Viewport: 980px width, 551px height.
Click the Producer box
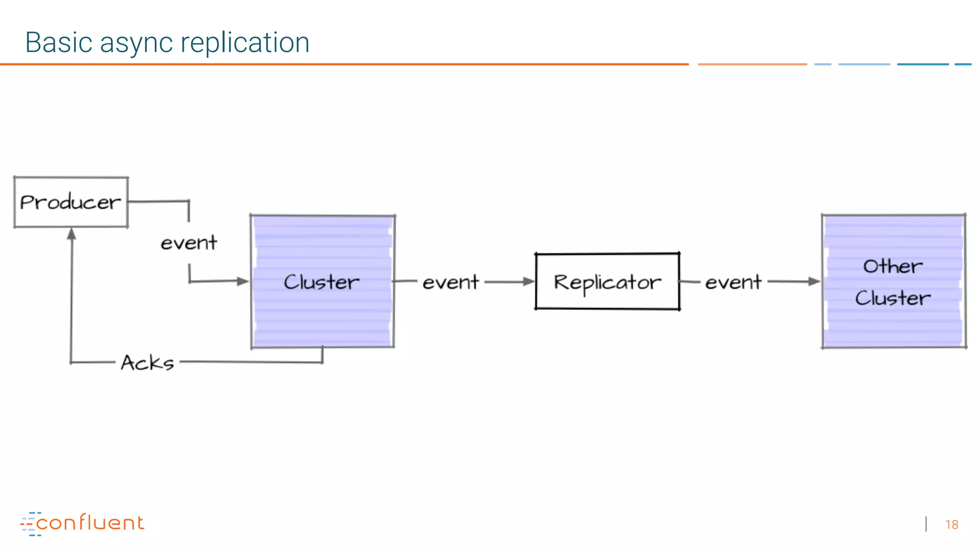tap(71, 202)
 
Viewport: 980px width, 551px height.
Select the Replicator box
tap(607, 282)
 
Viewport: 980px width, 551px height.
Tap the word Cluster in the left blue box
tap(322, 282)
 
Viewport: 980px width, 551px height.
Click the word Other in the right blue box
tap(892, 266)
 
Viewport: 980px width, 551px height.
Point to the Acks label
tap(147, 363)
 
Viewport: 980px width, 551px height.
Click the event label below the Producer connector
tap(189, 243)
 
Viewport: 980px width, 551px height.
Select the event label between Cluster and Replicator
tap(450, 282)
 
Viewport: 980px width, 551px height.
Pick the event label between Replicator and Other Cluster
tap(733, 282)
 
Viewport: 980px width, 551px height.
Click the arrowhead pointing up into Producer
tap(72, 234)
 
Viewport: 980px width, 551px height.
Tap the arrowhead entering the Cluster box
tap(243, 281)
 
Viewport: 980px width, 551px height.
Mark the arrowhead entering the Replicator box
tap(528, 282)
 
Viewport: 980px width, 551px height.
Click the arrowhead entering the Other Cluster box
tap(814, 282)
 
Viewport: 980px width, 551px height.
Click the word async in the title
tap(136, 43)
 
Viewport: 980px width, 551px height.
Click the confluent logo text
tap(90, 523)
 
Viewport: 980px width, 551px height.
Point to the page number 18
tap(952, 525)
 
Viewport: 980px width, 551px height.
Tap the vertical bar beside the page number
tap(926, 524)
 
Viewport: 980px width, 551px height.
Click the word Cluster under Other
tap(893, 298)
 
